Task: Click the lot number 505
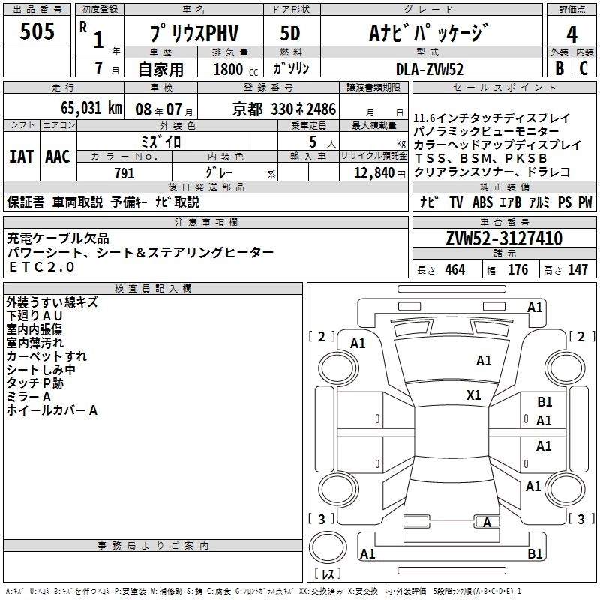[x=37, y=31]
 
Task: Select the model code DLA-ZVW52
[x=430, y=69]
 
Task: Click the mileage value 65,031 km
[x=84, y=107]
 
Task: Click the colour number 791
[x=124, y=173]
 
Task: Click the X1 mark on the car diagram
[x=473, y=394]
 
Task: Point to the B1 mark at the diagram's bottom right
[x=535, y=553]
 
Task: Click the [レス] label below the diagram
[x=327, y=575]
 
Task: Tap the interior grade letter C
[x=583, y=68]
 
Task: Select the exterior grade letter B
[x=559, y=68]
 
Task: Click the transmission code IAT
[x=21, y=156]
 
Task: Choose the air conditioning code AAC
[x=58, y=156]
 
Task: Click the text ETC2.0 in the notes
[x=41, y=267]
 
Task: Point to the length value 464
[x=454, y=270]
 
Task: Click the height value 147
[x=577, y=270]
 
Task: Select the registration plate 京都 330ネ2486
[x=295, y=108]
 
